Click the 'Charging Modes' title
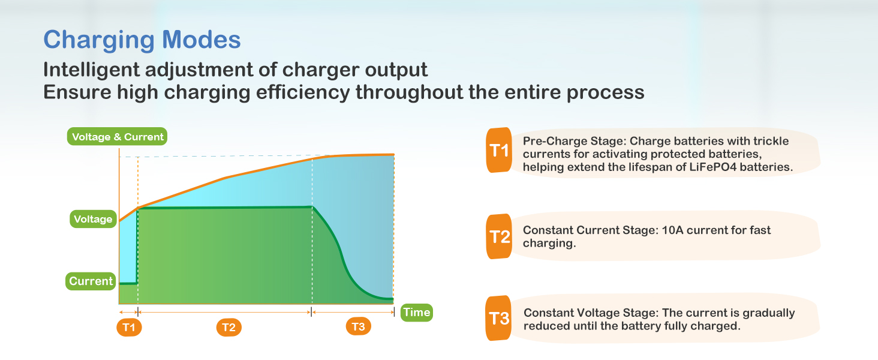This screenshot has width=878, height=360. (142, 40)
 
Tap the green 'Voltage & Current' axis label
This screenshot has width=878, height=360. (117, 136)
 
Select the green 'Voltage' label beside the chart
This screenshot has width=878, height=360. (94, 219)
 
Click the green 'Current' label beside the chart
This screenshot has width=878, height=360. (91, 281)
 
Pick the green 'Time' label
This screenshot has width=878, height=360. (417, 313)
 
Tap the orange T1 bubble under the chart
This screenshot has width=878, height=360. (129, 327)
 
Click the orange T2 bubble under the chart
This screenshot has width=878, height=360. (229, 327)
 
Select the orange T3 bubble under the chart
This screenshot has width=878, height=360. (358, 326)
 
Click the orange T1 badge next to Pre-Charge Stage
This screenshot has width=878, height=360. (499, 150)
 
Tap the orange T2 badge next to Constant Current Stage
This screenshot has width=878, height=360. (499, 236)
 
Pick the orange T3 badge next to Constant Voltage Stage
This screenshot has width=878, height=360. (498, 318)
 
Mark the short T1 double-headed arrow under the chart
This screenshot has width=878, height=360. (129, 312)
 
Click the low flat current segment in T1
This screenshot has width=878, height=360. (128, 283)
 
